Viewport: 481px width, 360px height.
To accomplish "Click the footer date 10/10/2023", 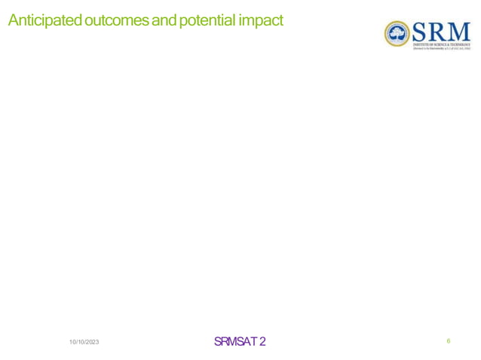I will coord(84,343).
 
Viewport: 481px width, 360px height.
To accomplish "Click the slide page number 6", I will coord(449,342).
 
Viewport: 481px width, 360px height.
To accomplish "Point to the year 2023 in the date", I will coord(91,343).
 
